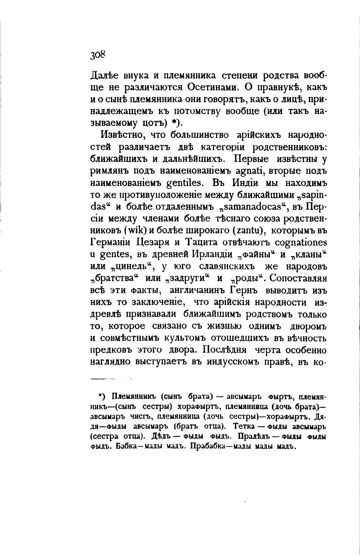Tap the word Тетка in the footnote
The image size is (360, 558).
click(245, 426)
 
